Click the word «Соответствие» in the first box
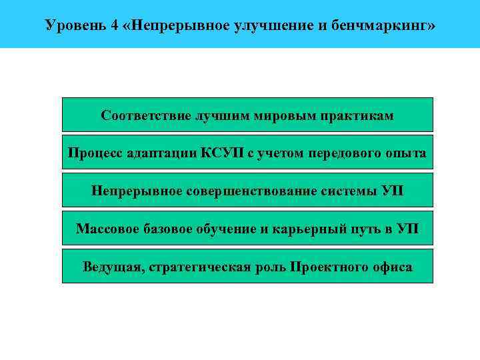point(145,115)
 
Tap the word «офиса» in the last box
point(389,267)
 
